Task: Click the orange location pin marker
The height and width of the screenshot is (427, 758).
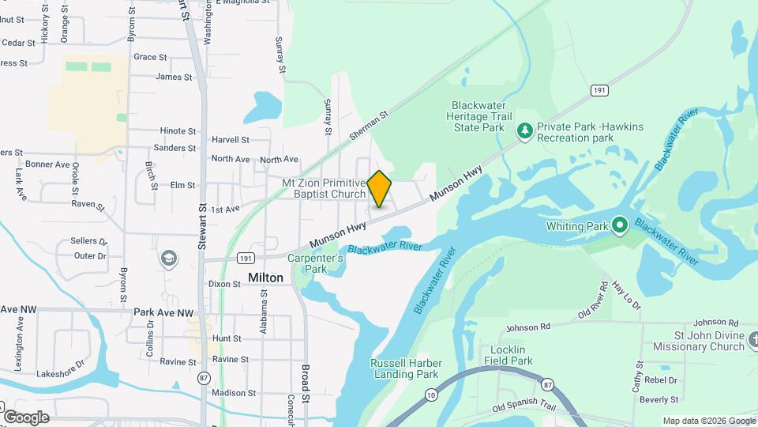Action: (x=379, y=188)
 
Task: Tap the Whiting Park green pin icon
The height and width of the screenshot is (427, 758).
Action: (x=620, y=226)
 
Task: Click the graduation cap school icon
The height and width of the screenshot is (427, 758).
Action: (x=168, y=258)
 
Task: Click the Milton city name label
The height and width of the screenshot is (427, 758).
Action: (x=265, y=278)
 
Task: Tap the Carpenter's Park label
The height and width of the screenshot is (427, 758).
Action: (x=315, y=263)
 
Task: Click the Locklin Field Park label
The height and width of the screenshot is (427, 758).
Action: (x=512, y=355)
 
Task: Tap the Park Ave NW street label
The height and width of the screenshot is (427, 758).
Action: (x=163, y=312)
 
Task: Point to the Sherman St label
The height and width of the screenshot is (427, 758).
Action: (x=370, y=125)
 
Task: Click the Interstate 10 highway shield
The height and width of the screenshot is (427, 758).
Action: (x=430, y=394)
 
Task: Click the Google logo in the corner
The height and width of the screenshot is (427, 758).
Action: (x=26, y=417)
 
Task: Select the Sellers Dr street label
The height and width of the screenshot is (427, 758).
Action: (x=88, y=240)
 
